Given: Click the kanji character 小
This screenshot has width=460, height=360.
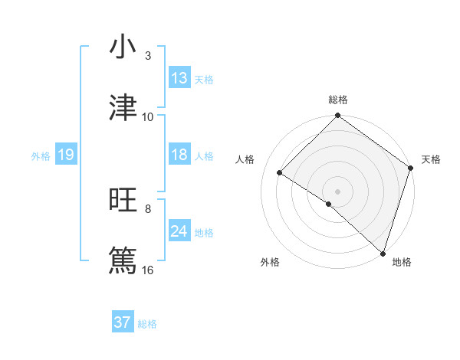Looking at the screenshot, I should point(123,47).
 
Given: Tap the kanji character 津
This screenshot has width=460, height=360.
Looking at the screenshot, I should point(123,108).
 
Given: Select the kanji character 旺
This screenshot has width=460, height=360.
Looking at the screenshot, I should point(123,201).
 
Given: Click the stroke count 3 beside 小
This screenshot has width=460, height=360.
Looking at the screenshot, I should point(148,55).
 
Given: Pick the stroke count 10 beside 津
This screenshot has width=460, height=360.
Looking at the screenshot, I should point(148,116).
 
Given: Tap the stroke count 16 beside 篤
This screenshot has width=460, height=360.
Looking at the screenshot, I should point(148,270).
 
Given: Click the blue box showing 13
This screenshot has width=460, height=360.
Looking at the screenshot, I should point(179,78).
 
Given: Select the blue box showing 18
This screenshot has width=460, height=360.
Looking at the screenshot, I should point(179,155).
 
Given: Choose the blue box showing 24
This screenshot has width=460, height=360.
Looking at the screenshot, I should point(179,231).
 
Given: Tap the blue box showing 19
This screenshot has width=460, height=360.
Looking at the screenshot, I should point(66,155).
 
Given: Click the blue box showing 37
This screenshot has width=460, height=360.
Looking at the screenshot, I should point(123,322).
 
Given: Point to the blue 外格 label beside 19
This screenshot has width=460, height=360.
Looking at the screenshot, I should point(41,156).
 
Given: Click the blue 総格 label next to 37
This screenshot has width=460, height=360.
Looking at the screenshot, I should point(147,324).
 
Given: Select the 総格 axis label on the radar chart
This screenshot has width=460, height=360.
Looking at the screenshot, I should point(338,100).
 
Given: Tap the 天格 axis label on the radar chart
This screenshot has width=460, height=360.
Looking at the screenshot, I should point(431,159).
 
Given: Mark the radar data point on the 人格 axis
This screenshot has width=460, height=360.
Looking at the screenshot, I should point(280,173).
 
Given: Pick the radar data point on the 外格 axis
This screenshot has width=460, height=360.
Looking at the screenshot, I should point(328,204).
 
